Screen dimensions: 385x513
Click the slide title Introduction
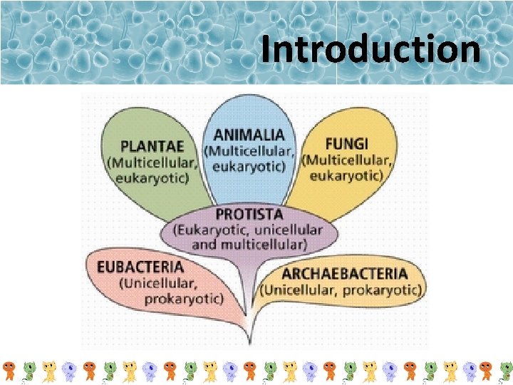pos(370,50)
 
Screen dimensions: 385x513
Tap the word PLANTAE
pos(152,146)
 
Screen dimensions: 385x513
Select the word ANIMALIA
pos(249,134)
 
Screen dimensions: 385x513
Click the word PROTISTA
pos(249,214)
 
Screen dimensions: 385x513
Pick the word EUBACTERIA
pos(141,267)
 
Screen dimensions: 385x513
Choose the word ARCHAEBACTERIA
pos(345,274)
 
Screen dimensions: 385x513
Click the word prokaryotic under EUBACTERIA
pos(184,299)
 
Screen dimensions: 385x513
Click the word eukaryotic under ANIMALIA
pos(249,166)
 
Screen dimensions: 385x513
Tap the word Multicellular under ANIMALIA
pos(246,150)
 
